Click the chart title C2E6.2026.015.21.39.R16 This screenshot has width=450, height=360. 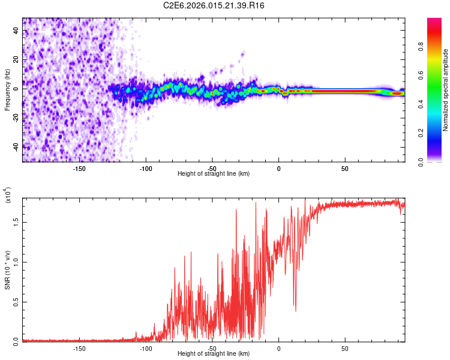click(x=214, y=5)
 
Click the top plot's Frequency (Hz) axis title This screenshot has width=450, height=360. click(x=7, y=90)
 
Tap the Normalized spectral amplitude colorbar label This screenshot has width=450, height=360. click(x=446, y=90)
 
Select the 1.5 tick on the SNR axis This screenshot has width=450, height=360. click(x=17, y=221)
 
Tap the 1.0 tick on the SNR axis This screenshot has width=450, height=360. click(x=17, y=262)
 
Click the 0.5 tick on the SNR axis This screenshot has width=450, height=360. click(x=17, y=301)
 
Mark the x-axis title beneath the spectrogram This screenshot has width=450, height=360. click(x=214, y=174)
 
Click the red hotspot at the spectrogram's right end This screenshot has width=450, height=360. click(x=397, y=94)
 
